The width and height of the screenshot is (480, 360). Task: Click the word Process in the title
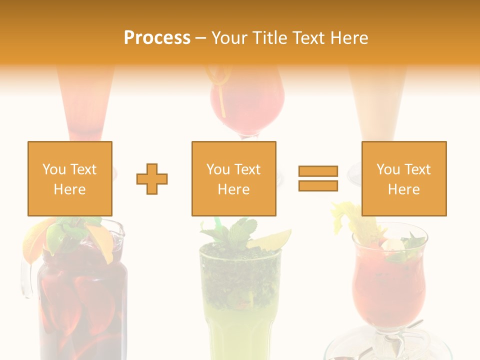point(157,37)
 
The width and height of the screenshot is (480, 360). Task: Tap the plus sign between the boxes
point(152,179)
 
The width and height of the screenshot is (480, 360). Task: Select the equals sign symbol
point(318,178)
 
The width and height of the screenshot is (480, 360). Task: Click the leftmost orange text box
point(70,178)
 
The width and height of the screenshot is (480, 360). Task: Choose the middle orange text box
point(233,178)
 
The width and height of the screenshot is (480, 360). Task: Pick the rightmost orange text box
point(403,178)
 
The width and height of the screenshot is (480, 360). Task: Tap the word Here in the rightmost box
point(403,189)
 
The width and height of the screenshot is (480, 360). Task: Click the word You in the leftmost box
point(53,169)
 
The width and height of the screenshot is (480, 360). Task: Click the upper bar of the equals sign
point(318,171)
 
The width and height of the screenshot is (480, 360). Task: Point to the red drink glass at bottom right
point(388,285)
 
